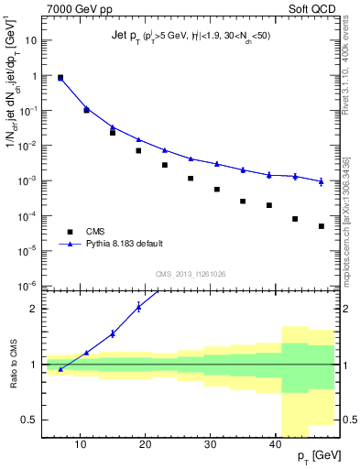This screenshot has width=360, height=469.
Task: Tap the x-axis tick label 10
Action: pos(81,444)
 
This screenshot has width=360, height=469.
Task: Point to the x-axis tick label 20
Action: pos(146,444)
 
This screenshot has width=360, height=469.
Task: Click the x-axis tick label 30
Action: pos(211,444)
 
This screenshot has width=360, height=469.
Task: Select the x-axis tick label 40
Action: pos(276,444)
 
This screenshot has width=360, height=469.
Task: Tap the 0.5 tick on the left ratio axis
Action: pos(31,420)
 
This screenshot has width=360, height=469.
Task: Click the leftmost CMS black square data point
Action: pos(60,78)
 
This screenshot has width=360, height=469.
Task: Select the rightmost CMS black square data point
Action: pos(322,225)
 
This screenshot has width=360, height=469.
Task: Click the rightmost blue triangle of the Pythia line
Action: pos(322,181)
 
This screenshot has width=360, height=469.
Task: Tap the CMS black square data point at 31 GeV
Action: pos(217,189)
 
